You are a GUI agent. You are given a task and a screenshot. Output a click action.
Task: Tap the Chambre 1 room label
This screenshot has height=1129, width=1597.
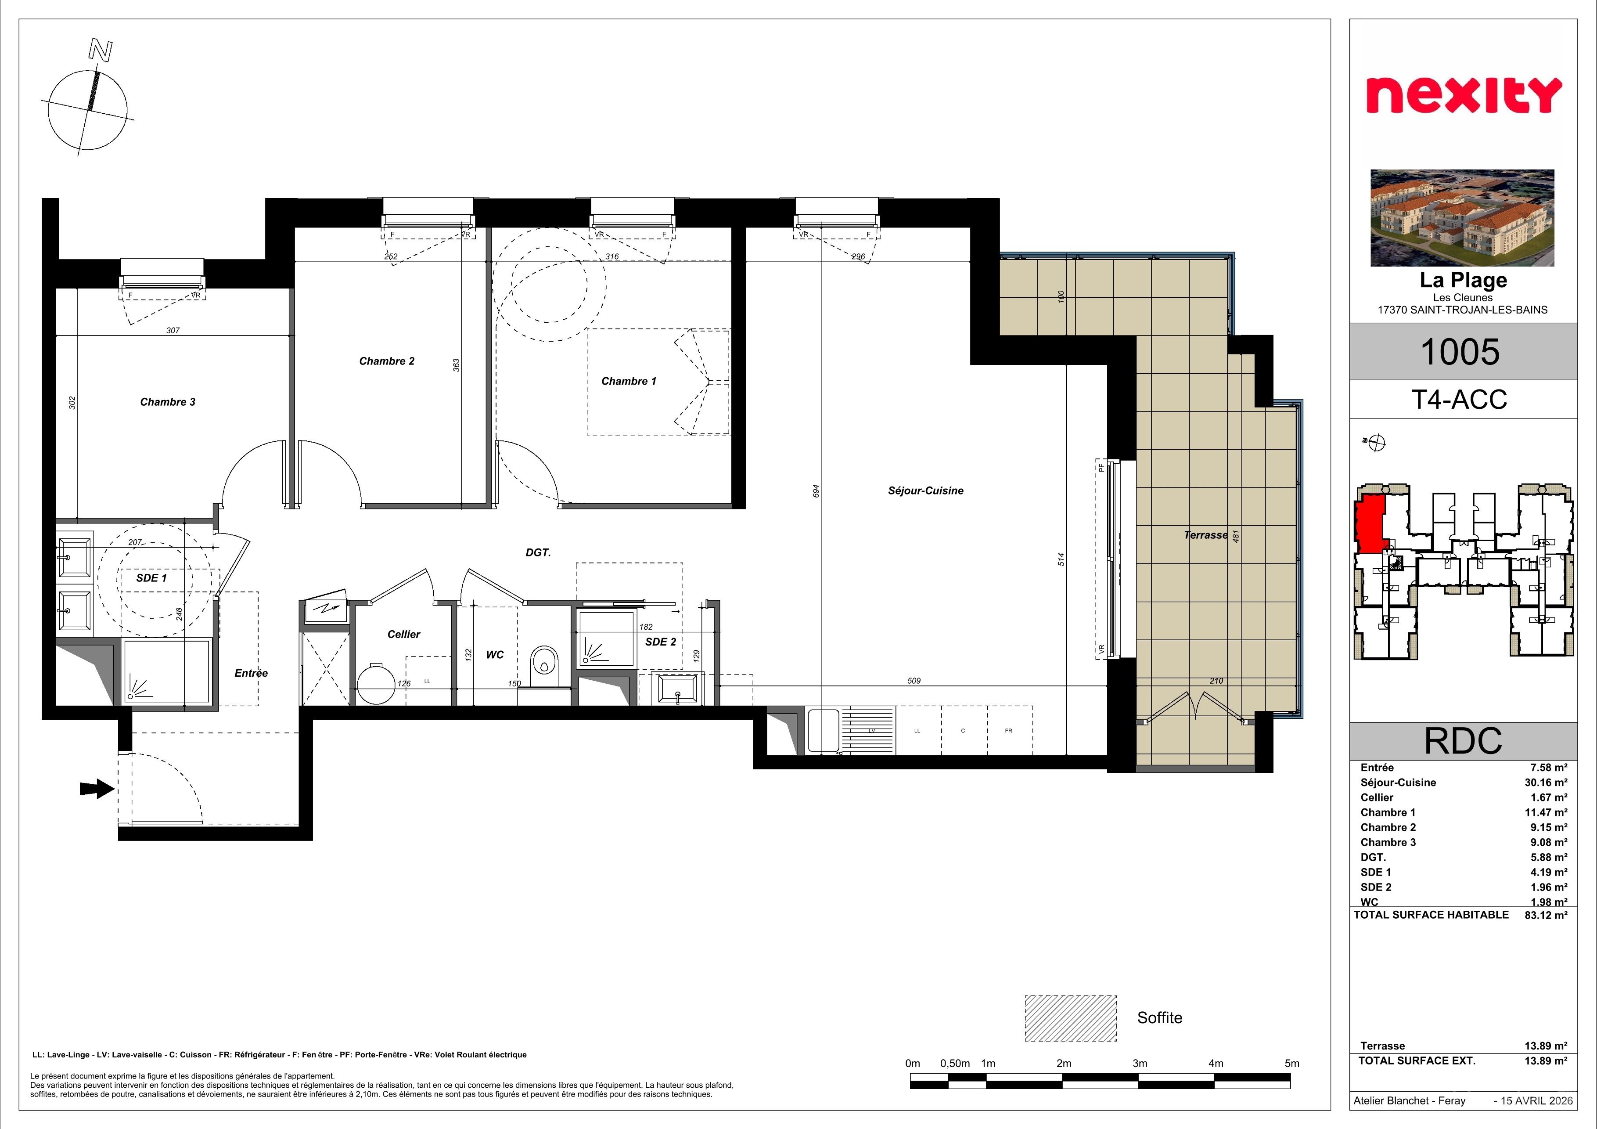click(629, 381)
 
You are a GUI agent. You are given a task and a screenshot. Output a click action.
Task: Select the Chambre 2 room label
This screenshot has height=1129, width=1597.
click(387, 361)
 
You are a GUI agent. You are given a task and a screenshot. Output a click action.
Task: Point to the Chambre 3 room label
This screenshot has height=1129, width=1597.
click(168, 402)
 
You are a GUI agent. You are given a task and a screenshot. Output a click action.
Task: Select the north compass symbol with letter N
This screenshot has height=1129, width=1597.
click(87, 101)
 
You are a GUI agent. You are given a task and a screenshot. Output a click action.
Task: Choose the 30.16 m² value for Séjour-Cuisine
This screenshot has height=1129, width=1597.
click(1546, 783)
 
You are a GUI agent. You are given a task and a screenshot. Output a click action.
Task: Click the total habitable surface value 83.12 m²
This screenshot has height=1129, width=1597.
click(1546, 916)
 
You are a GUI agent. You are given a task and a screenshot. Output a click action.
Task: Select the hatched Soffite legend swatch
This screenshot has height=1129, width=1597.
click(1071, 1018)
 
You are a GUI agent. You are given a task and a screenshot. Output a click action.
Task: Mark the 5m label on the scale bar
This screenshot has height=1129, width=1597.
click(1291, 1064)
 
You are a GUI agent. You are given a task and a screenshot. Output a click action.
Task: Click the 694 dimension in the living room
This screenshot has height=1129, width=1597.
click(816, 491)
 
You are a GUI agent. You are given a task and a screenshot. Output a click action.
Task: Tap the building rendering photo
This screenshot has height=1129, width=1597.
click(1462, 218)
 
